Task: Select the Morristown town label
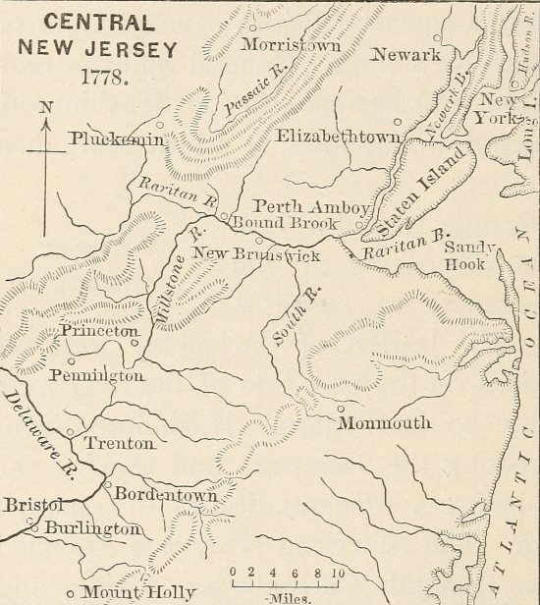(x=291, y=46)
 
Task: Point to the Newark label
(x=405, y=55)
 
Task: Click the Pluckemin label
(x=116, y=140)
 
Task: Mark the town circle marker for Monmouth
(x=341, y=410)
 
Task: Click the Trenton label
(x=119, y=444)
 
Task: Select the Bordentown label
(x=165, y=496)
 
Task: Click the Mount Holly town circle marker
(x=70, y=593)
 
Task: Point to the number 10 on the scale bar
(x=337, y=570)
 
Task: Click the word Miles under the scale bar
(x=285, y=595)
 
